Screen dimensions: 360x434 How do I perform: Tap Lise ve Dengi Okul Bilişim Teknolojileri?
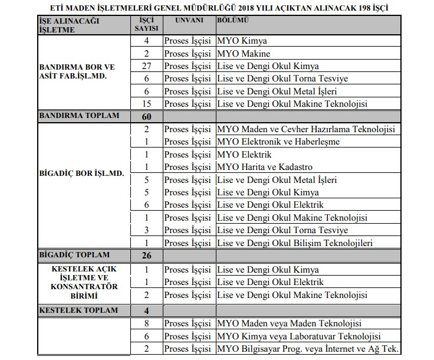click(295, 243)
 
